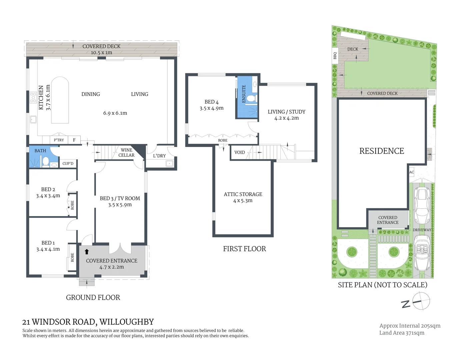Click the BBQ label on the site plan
(335, 56)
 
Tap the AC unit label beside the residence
(411, 172)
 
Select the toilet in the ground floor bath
(46, 162)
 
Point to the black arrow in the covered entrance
(87, 252)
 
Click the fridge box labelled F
(74, 140)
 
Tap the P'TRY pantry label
(59, 140)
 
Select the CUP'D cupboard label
(68, 163)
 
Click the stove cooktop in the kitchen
(33, 97)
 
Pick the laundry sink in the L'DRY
(170, 163)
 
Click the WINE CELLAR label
(126, 153)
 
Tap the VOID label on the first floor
(239, 152)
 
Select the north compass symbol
(421, 301)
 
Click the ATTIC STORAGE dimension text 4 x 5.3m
(243, 201)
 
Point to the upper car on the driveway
(422, 206)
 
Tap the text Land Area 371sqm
(402, 333)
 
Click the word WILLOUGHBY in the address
(127, 322)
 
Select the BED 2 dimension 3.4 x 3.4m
(48, 196)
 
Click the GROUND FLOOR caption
(93, 297)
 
